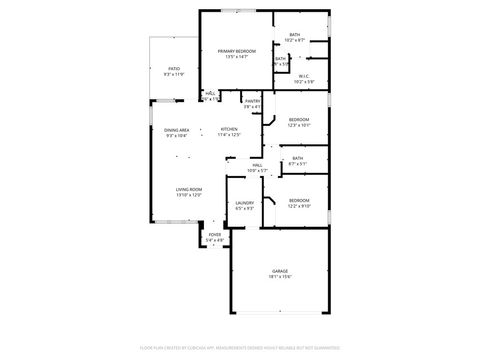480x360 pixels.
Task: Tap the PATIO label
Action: click(174, 68)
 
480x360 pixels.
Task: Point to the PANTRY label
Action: click(252, 101)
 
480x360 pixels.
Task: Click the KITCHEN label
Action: click(229, 129)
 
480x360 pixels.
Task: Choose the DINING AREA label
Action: click(177, 130)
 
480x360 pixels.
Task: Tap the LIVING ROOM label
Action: click(190, 189)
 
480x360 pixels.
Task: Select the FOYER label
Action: click(215, 234)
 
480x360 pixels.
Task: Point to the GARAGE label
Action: click(280, 271)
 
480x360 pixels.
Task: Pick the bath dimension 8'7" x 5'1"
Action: click(298, 164)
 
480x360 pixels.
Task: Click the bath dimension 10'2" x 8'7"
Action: click(294, 41)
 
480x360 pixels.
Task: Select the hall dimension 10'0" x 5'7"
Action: click(257, 171)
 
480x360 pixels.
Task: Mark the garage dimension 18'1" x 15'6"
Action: click(280, 277)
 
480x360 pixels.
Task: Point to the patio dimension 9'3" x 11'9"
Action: click(174, 74)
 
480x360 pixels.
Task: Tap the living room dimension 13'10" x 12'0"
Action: click(190, 195)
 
